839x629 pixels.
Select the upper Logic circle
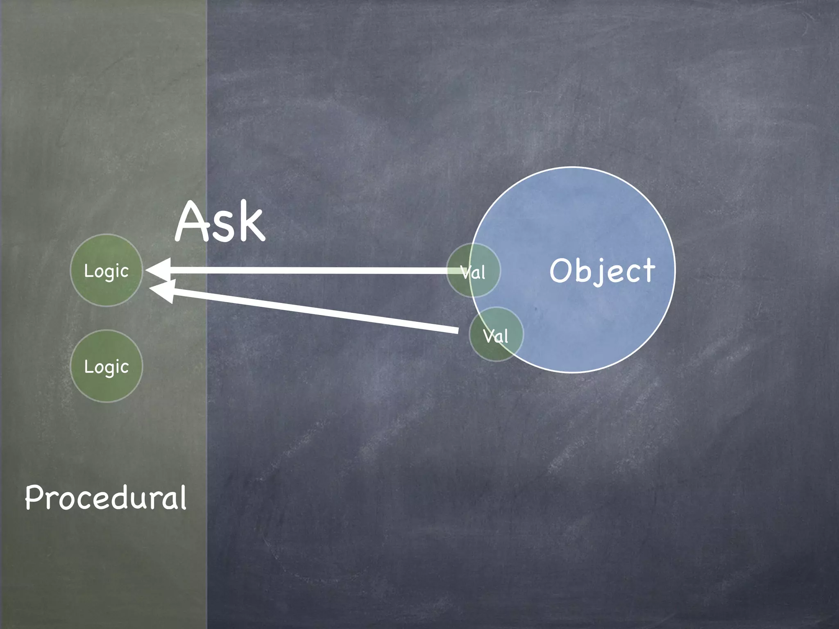[x=107, y=270]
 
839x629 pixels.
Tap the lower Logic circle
[x=107, y=366]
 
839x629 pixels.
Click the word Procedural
[x=106, y=497]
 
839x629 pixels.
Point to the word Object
[x=602, y=271]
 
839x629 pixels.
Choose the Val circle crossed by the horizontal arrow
[x=473, y=270]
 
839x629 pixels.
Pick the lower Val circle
[x=496, y=334]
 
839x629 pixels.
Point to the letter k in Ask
[x=250, y=223]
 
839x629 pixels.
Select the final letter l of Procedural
[x=183, y=496]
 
